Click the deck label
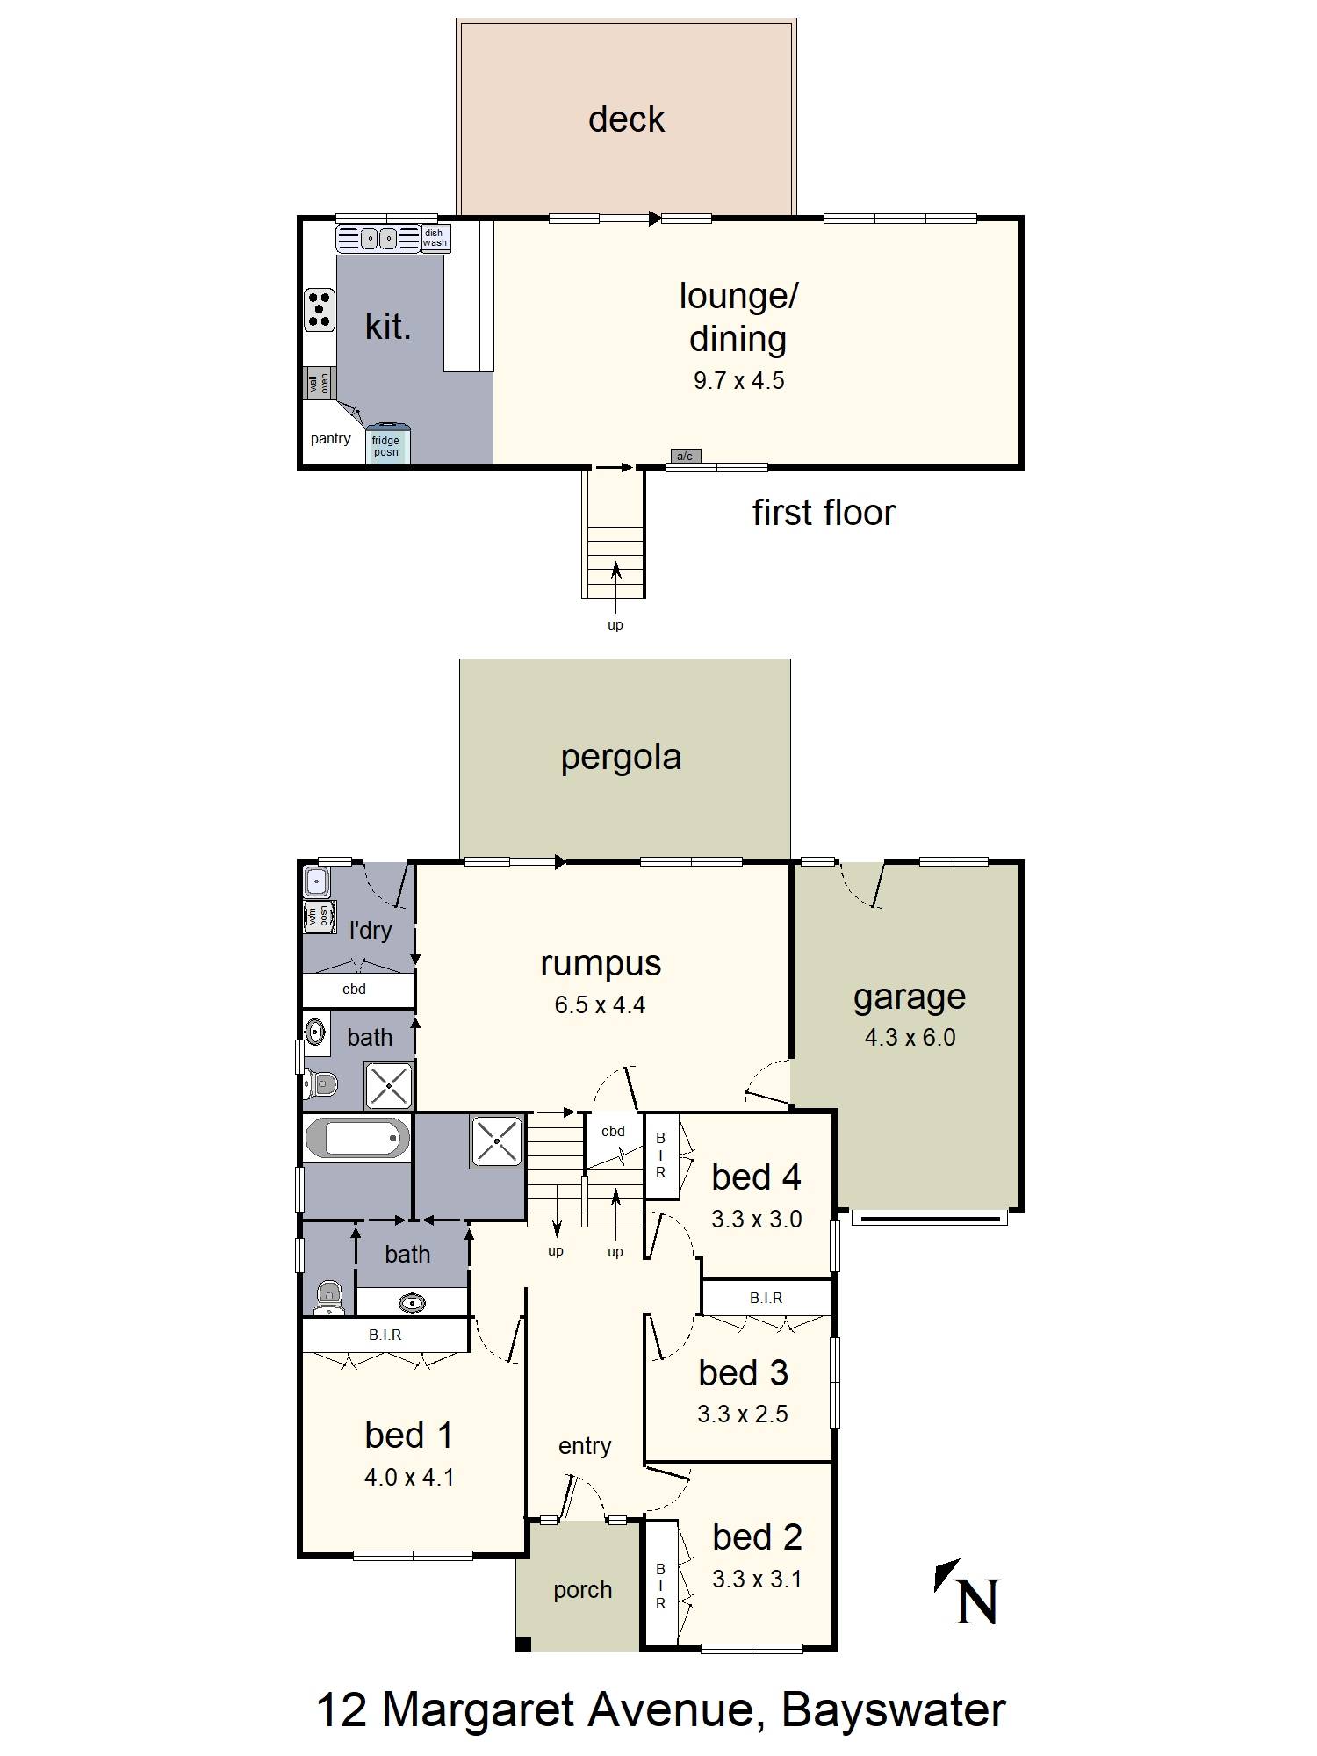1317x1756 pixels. tap(626, 119)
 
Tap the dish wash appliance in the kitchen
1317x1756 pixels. tap(435, 239)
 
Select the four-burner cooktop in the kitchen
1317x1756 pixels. tap(320, 309)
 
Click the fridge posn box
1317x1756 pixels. tap(387, 446)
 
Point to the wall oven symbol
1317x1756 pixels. tap(319, 384)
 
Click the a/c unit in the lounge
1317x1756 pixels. tap(685, 456)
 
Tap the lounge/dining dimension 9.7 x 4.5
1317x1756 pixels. tap(738, 381)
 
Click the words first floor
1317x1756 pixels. tap(823, 513)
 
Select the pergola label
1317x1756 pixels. tap(621, 757)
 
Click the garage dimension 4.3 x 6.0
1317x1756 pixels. tap(910, 1038)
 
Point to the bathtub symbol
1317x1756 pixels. tap(357, 1140)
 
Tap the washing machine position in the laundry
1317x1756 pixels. tap(318, 917)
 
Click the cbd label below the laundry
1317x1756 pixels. tap(354, 990)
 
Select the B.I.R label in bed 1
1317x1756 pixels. tap(385, 1335)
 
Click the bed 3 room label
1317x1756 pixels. tap(743, 1373)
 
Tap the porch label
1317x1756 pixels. tap(582, 1590)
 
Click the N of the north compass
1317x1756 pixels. tap(976, 1601)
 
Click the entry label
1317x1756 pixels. tap(585, 1446)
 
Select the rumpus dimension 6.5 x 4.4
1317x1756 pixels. tap(600, 1005)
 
